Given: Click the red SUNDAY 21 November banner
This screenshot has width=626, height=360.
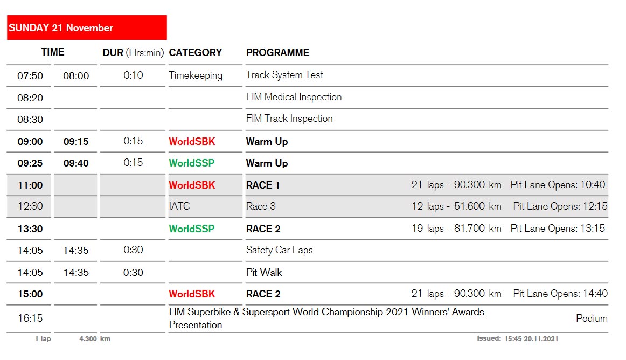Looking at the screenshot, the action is click(87, 27).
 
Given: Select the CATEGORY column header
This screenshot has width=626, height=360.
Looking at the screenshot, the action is click(195, 53).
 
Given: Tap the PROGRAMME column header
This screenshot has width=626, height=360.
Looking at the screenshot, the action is click(277, 53).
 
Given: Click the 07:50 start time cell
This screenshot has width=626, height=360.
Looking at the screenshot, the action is click(30, 76).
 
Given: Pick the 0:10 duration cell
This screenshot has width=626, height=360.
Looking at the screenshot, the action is click(133, 75).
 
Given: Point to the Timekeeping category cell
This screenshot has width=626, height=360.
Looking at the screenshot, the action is click(196, 75).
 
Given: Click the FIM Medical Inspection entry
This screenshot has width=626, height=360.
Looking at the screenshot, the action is click(294, 97).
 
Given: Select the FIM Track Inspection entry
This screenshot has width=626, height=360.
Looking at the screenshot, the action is click(289, 119).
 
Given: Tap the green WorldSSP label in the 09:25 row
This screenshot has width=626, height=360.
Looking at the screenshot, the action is click(192, 163).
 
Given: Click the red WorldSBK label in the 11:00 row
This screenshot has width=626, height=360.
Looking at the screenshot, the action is click(192, 185).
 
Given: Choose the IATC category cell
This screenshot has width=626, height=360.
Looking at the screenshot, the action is click(179, 206).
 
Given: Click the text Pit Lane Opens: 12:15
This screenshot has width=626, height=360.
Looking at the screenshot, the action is click(560, 206).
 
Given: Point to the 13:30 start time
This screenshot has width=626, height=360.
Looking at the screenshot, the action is click(30, 229).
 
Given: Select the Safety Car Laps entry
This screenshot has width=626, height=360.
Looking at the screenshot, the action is click(280, 250).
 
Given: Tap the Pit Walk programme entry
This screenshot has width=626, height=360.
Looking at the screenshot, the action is click(264, 273).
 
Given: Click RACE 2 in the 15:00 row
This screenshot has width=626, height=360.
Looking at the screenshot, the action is click(263, 294).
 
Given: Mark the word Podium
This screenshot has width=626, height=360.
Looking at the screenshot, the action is click(592, 319).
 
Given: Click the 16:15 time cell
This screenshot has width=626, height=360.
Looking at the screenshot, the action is click(30, 319).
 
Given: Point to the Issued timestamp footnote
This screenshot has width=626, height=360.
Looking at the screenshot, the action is click(517, 338).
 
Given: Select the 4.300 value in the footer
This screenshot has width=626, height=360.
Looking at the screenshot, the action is click(88, 339).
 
